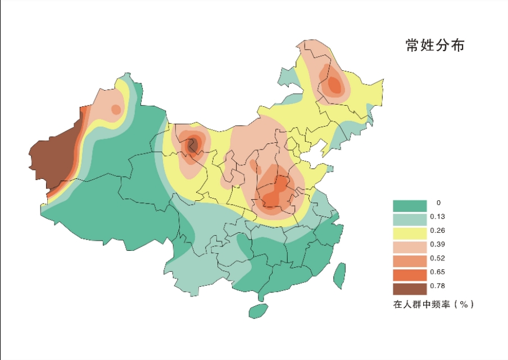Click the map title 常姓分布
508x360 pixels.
coord(435,46)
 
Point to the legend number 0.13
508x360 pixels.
coord(437,217)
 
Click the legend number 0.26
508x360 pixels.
coord(437,231)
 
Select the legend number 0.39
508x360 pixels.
coord(437,245)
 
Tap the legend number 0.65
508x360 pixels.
coord(437,272)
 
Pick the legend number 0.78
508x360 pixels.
coord(437,286)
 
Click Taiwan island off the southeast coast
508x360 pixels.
coord(339,276)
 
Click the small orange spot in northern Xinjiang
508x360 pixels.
coord(116,109)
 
